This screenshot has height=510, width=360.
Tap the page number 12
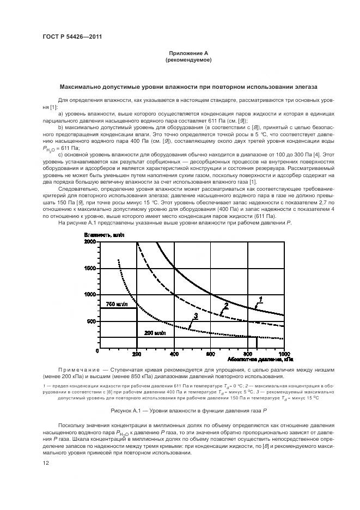click(46, 463)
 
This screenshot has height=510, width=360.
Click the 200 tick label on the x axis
click(137, 354)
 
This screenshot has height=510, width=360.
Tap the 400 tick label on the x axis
click(174, 354)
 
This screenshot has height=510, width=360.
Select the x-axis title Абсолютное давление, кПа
click(259, 360)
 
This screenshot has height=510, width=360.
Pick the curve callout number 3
click(195, 316)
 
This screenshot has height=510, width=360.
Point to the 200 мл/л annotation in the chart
click(154, 332)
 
